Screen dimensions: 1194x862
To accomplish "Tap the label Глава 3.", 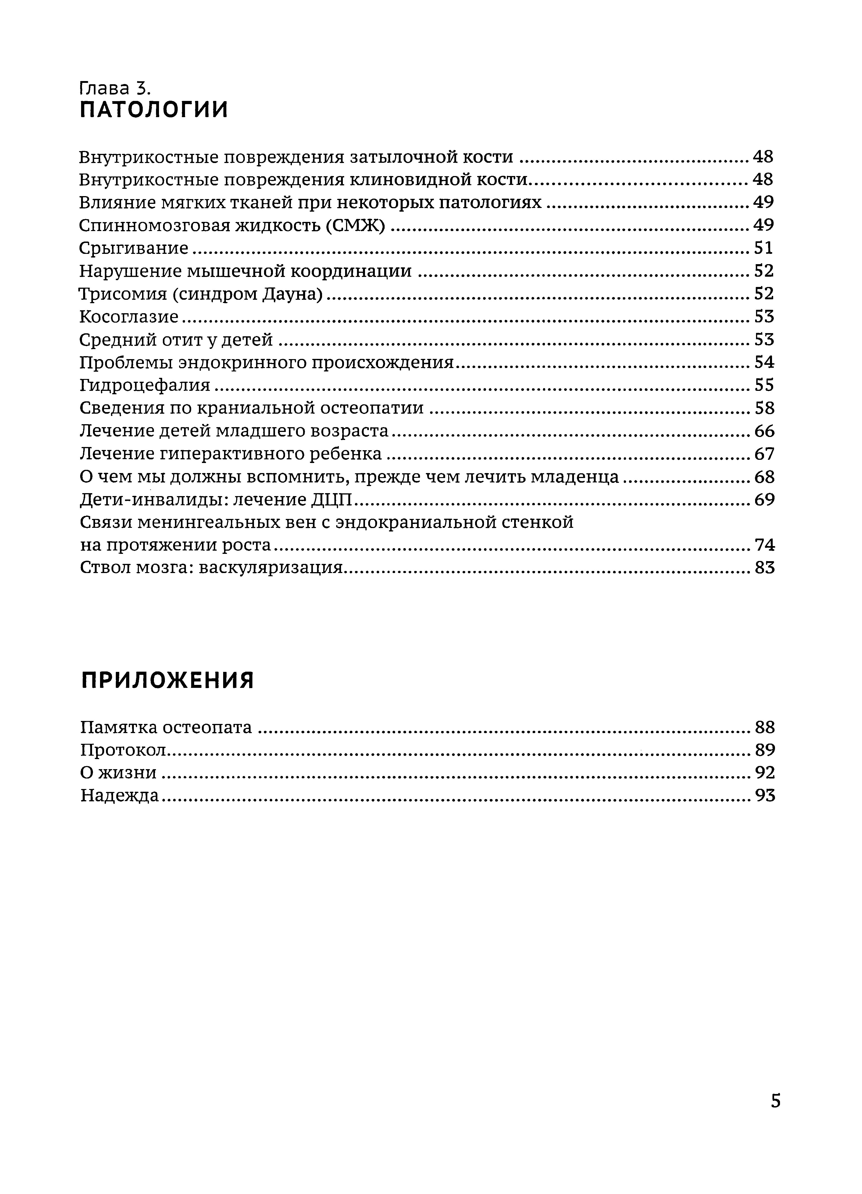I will (115, 87).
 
